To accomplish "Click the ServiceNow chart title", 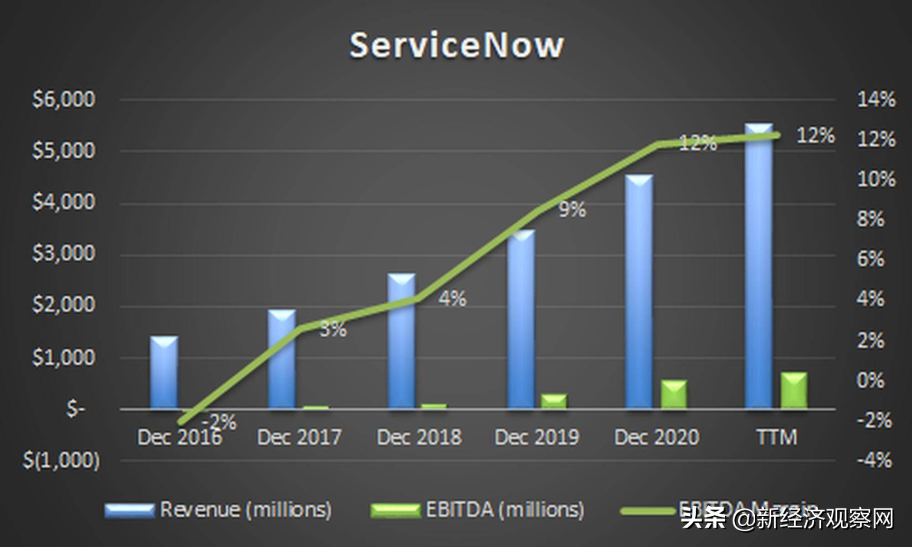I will [x=456, y=46].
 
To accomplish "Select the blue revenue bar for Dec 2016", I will [x=164, y=373].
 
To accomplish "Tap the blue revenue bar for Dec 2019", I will [x=521, y=319].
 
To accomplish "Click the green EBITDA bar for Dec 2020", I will [x=674, y=395].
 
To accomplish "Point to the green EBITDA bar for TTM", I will [x=794, y=391].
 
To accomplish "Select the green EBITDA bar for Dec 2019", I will [x=554, y=401].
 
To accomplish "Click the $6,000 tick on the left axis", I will [x=64, y=99].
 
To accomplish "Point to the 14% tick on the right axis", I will [x=875, y=99].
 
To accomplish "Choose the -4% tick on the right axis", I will [x=874, y=460].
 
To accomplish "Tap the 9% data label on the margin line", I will [x=572, y=209].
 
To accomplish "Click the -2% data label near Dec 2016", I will [x=219, y=422].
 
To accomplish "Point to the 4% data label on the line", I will [x=452, y=299].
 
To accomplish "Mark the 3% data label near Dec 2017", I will [x=333, y=329].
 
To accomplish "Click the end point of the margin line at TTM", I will [x=777, y=135].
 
